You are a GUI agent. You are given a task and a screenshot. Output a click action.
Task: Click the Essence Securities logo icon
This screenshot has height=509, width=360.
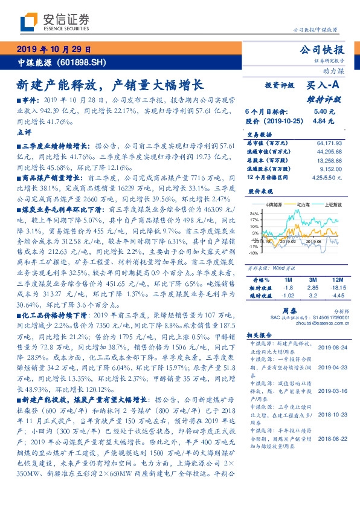tap(28, 22)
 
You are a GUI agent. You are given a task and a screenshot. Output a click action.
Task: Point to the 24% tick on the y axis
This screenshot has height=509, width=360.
tap(255, 213)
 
